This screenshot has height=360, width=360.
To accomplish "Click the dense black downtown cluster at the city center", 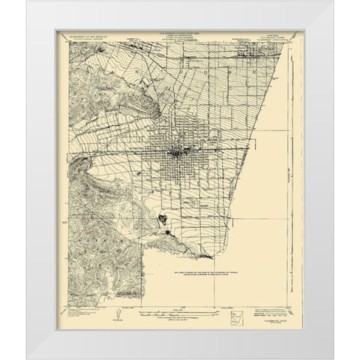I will pos(178,155).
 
